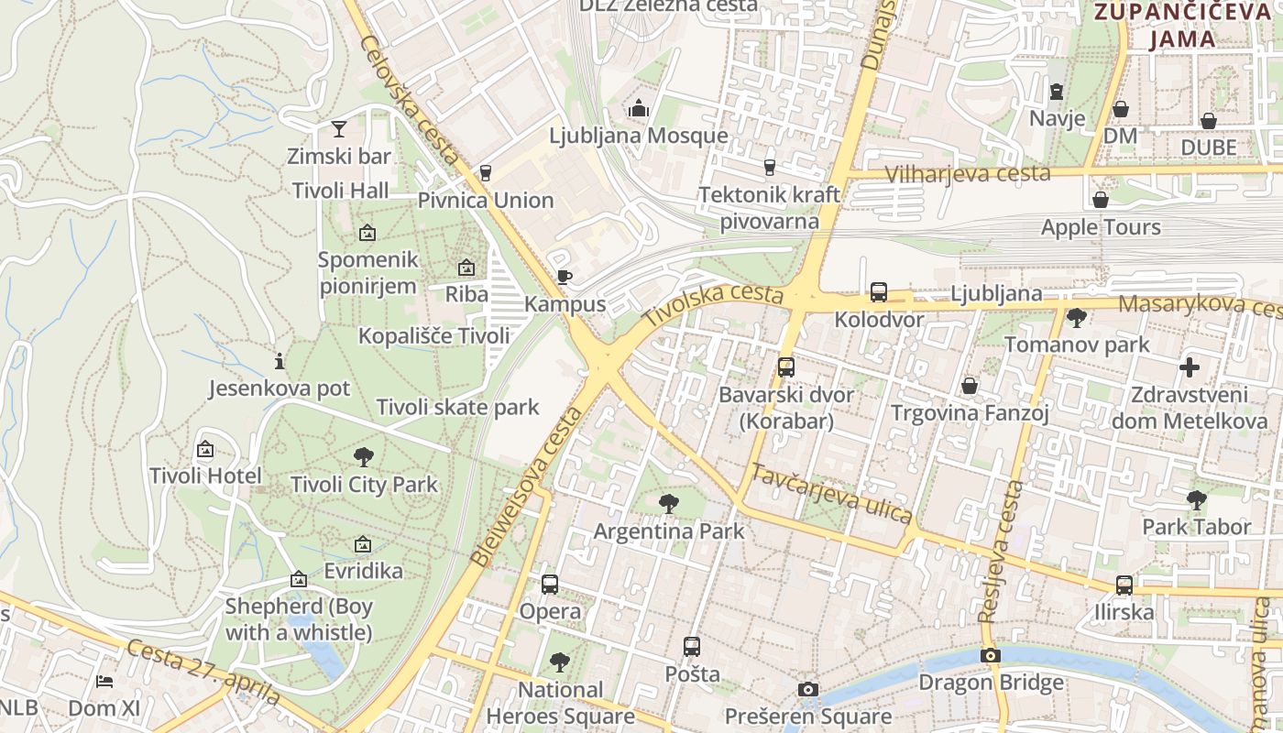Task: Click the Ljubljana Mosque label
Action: pyautogui.click(x=639, y=136)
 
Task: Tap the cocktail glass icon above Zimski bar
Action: pyautogui.click(x=339, y=128)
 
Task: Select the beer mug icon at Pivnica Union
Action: pyautogui.click(x=486, y=172)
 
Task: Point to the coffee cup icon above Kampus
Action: pyautogui.click(x=565, y=277)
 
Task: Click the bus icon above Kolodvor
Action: pyautogui.click(x=878, y=292)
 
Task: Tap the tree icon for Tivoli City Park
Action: pyautogui.click(x=364, y=456)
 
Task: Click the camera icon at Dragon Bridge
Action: pyautogui.click(x=990, y=655)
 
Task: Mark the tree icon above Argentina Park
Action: pyautogui.click(x=669, y=503)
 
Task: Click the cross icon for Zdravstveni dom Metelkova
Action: pyautogui.click(x=1189, y=368)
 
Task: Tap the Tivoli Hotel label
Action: pyautogui.click(x=205, y=476)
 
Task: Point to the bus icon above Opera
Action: pyautogui.click(x=550, y=584)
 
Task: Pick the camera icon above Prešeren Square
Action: pyautogui.click(x=807, y=689)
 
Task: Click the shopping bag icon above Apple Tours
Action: pyautogui.click(x=1101, y=200)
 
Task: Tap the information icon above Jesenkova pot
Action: pyautogui.click(x=280, y=361)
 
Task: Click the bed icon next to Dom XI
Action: pyautogui.click(x=104, y=682)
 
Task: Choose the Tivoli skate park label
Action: pyautogui.click(x=458, y=407)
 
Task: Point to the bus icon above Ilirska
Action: pyautogui.click(x=1124, y=585)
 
